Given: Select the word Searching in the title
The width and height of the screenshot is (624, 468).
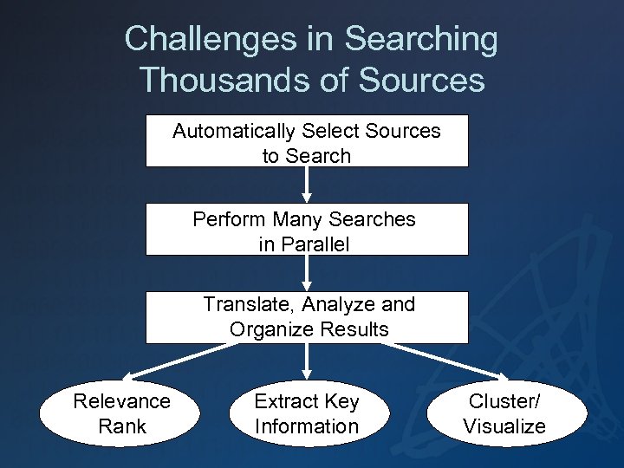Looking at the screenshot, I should (x=422, y=39).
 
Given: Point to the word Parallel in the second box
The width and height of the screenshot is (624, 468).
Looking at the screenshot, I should (x=304, y=244).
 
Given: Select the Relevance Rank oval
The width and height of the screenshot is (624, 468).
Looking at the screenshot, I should (x=122, y=413).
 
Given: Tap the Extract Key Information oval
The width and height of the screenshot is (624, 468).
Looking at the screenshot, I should (x=306, y=413).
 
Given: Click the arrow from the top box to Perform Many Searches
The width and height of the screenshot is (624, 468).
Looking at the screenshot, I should (x=307, y=185).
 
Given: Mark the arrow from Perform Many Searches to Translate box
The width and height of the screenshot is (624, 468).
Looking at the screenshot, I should (x=307, y=273).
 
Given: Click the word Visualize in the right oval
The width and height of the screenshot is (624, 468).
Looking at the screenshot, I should (x=504, y=426).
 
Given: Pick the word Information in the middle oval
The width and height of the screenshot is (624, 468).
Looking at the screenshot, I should (x=306, y=426).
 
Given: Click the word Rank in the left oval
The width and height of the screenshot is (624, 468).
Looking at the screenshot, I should (x=122, y=426).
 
